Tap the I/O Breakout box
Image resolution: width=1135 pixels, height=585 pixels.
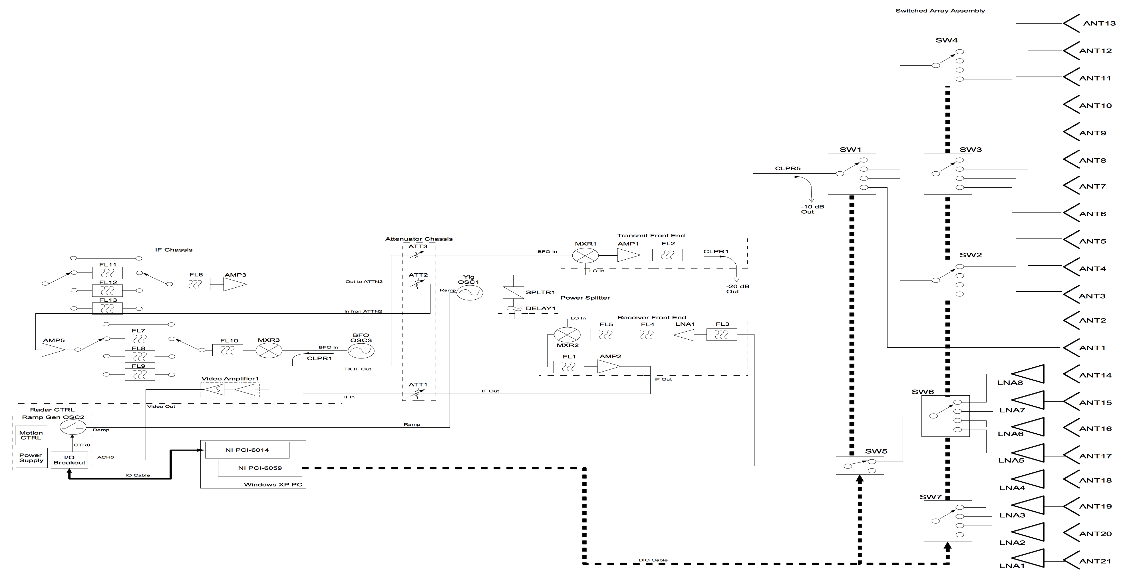click(x=69, y=460)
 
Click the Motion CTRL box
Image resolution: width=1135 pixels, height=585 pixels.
click(x=31, y=435)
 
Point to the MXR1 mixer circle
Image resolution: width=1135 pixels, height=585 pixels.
click(x=585, y=255)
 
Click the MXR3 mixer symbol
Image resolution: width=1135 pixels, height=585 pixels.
click(x=269, y=351)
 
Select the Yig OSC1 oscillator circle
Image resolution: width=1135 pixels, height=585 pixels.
click(x=469, y=292)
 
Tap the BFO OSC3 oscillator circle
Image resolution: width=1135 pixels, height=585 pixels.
click(x=361, y=351)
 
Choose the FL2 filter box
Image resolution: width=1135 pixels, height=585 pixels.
click(x=667, y=255)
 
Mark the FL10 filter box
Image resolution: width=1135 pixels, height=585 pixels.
click(x=227, y=351)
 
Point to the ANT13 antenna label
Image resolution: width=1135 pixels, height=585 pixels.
click(x=1099, y=23)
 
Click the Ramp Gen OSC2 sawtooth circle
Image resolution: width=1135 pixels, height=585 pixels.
click(x=73, y=427)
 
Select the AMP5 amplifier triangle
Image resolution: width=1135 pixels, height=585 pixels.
click(x=53, y=350)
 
